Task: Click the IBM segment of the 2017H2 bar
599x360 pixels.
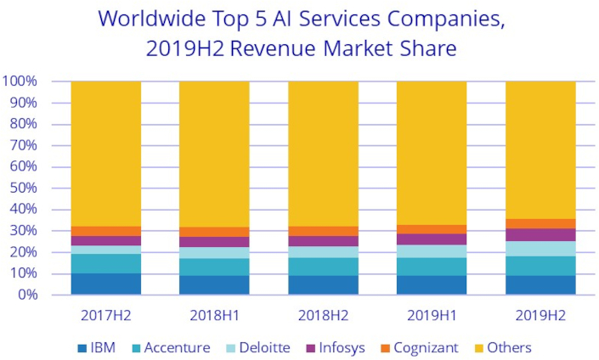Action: click(105, 284)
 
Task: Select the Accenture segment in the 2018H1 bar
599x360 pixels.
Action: click(214, 267)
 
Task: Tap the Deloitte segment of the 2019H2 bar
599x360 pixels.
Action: click(540, 248)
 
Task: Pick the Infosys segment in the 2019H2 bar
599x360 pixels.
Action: click(540, 234)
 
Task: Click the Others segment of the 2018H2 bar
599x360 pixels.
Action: click(323, 154)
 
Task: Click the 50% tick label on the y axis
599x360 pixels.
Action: click(24, 188)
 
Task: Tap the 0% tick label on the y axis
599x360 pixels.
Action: click(27, 295)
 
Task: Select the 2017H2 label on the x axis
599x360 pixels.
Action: click(105, 315)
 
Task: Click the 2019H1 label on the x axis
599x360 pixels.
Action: click(432, 315)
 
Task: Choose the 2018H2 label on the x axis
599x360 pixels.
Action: click(323, 315)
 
